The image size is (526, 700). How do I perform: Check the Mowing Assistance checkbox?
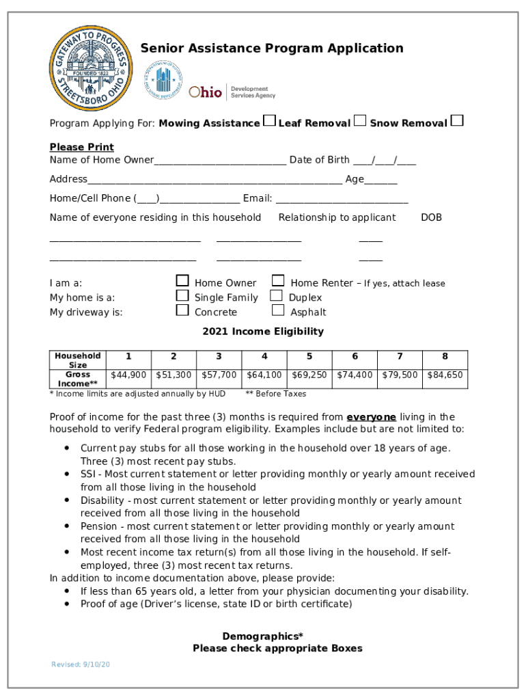point(270,122)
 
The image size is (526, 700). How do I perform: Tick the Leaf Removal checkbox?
point(360,122)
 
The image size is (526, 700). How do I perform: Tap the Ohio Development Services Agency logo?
point(232,92)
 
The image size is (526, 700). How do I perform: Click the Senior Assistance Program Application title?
point(272,48)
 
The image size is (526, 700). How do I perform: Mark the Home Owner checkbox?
point(182,281)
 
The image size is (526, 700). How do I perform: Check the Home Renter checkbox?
point(278,281)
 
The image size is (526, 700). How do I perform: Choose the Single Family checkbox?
point(182,295)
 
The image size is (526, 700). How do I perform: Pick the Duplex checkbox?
point(276,295)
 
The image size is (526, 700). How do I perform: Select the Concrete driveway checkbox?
point(182,310)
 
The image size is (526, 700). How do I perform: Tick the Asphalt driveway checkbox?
point(278,310)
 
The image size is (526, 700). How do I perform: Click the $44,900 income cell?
point(128,375)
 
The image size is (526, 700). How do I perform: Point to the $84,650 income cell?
point(445,375)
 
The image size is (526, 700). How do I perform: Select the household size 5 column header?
point(309,356)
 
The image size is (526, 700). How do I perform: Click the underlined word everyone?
point(371,417)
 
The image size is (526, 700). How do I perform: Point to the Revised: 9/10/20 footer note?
point(81,665)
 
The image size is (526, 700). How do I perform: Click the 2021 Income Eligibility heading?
point(263,332)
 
